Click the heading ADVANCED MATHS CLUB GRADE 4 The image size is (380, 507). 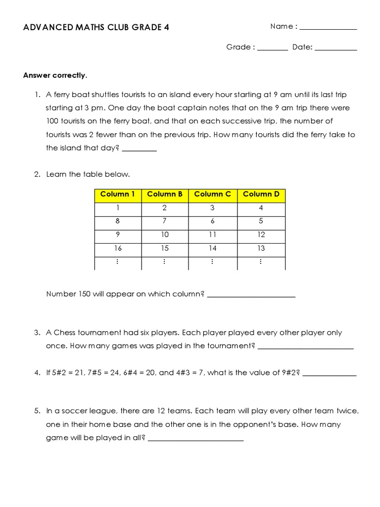(96, 27)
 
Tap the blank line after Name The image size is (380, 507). (328, 29)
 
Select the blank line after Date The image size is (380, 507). (335, 50)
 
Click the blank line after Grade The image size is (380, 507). (272, 50)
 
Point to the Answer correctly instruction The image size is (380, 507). (55, 75)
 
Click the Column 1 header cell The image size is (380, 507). (118, 194)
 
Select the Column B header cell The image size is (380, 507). (165, 194)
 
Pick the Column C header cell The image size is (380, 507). (212, 194)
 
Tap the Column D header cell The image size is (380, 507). (261, 194)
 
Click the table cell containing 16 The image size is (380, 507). (118, 248)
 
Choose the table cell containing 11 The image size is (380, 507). (212, 235)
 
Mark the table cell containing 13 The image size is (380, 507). (261, 248)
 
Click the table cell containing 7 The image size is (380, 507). (165, 221)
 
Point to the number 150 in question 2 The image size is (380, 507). (84, 294)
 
